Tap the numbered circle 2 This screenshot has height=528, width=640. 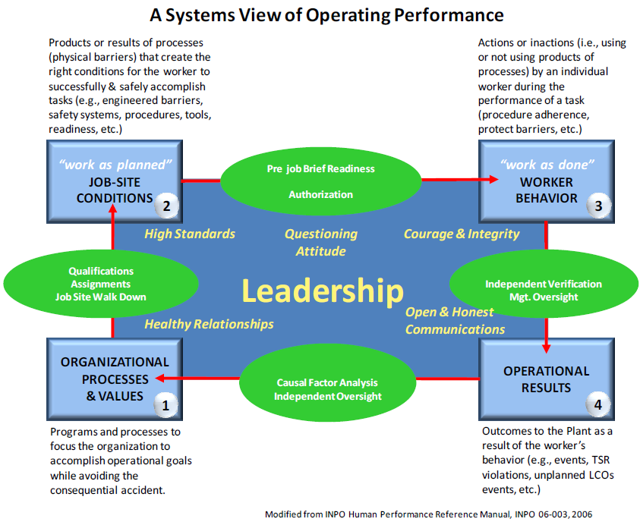[x=166, y=206]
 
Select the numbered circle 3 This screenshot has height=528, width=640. [x=598, y=206]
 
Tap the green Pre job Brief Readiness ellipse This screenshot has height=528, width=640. [x=320, y=181]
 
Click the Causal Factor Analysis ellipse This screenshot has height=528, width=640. [x=326, y=389]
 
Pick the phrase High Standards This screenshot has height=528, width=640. [x=190, y=234]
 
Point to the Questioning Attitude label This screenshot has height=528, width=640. [x=320, y=242]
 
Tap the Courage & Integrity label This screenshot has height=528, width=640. [x=462, y=234]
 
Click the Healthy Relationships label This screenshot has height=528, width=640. [x=209, y=324]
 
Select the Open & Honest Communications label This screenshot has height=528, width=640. [x=455, y=321]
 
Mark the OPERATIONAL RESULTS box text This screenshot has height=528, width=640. [x=546, y=379]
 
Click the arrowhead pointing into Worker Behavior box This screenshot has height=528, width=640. [x=493, y=180]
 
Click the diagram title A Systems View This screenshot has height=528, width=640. [x=326, y=14]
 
